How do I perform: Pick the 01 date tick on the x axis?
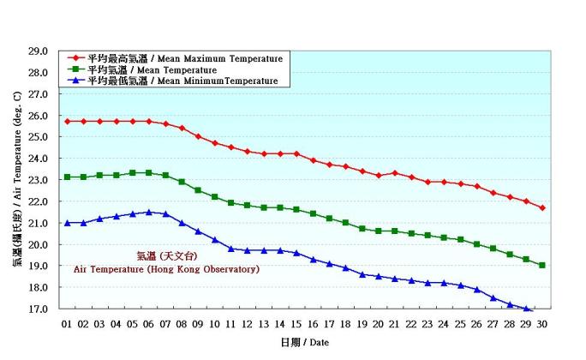click(x=67, y=323)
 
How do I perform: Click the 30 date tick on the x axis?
click(x=541, y=323)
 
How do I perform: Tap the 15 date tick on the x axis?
click(x=296, y=323)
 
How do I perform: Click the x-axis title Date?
click(x=304, y=342)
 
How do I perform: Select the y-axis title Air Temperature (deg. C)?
click(x=16, y=180)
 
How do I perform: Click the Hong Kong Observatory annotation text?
click(x=166, y=268)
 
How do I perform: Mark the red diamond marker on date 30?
click(x=541, y=207)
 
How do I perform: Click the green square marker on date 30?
click(x=541, y=265)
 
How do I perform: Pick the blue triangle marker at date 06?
click(x=149, y=212)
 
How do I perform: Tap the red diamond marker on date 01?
click(x=67, y=121)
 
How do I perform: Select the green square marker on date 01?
click(x=67, y=177)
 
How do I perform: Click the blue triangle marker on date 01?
click(x=67, y=222)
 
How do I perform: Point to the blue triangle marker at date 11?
click(x=230, y=248)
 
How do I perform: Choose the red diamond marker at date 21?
click(x=394, y=173)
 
